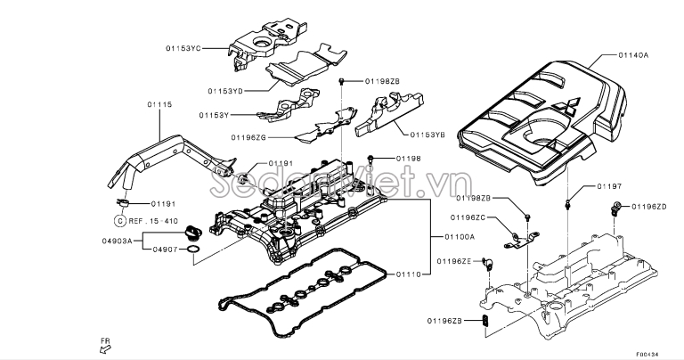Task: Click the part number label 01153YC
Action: click(x=184, y=48)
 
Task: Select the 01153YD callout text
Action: click(x=226, y=91)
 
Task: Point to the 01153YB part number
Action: click(x=429, y=135)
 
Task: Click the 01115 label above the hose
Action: click(x=159, y=105)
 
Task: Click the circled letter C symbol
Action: click(x=119, y=219)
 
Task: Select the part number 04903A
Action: click(x=118, y=241)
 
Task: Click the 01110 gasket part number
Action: click(x=411, y=274)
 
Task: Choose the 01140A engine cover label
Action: click(x=634, y=55)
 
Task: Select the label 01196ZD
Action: click(x=649, y=207)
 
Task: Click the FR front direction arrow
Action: click(x=104, y=347)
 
